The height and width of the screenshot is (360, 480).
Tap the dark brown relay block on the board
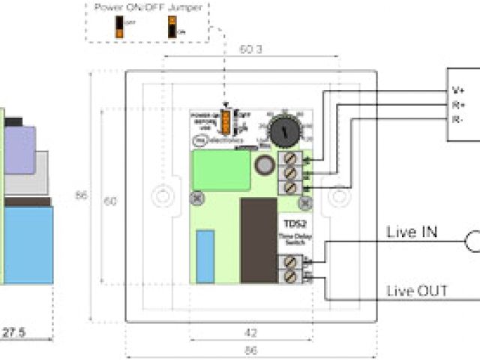coord(258,241)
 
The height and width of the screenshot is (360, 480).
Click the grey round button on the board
coord(263,165)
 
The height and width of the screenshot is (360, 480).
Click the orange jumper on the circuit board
coord(226,118)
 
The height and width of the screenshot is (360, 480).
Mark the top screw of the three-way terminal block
coord(289,160)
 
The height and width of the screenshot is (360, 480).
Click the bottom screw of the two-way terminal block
coord(289,274)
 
